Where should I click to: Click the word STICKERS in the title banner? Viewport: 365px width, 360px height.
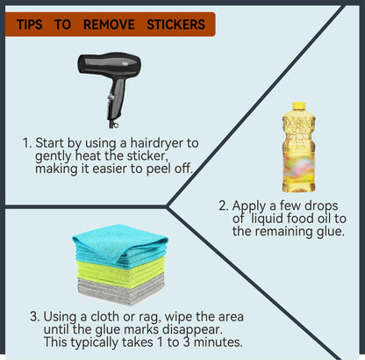[x=175, y=25]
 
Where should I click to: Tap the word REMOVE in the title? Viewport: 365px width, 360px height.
[x=109, y=25]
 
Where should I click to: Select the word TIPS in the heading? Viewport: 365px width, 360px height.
[x=30, y=25]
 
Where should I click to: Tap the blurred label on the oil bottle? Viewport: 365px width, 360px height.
[x=298, y=165]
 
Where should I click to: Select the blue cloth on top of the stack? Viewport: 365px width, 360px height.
[x=120, y=243]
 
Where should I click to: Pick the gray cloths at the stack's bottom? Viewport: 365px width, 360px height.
[x=121, y=292]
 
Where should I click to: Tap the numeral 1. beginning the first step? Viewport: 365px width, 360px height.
[x=27, y=143]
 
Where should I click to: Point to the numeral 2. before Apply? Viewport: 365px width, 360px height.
[x=224, y=205]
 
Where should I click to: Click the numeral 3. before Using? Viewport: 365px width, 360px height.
[x=34, y=317]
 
